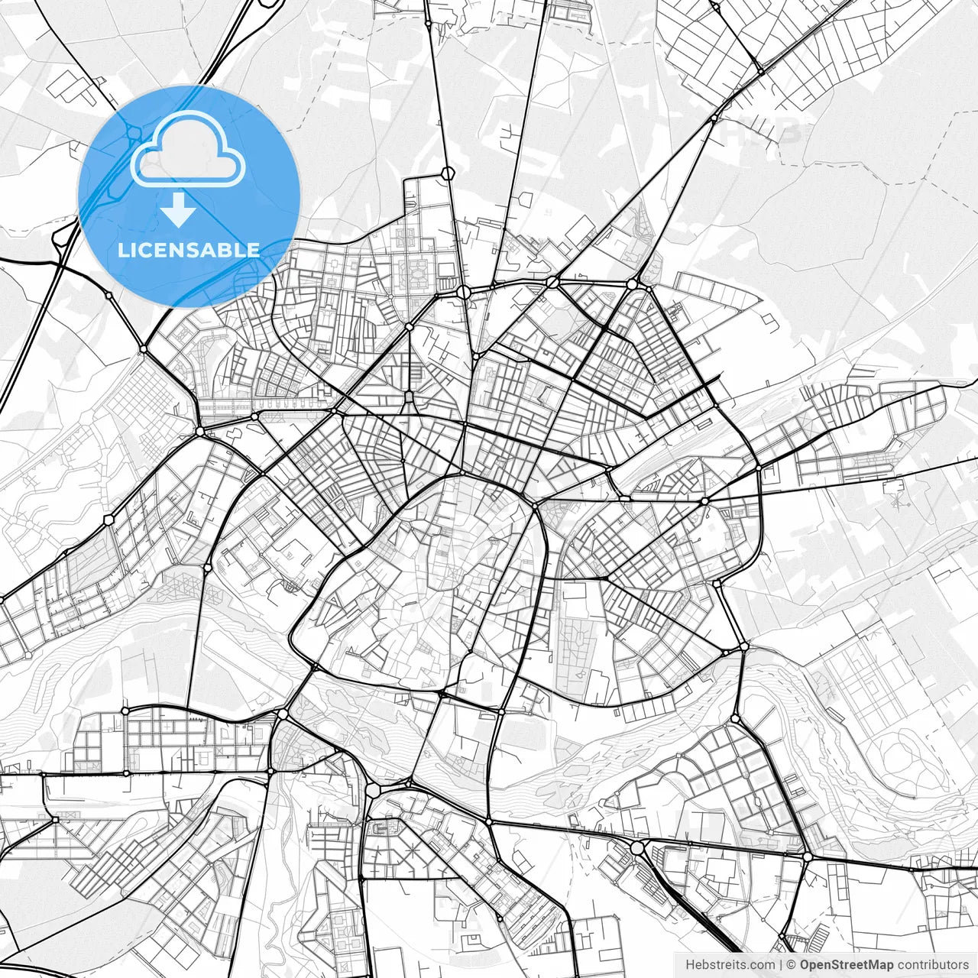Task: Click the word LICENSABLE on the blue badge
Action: tap(189, 250)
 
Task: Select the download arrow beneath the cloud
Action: tap(179, 209)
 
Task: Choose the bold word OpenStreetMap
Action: tap(847, 965)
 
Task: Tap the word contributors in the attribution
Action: tap(933, 965)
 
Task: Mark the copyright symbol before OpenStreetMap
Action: tap(792, 965)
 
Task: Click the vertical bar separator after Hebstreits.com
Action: tap(781, 965)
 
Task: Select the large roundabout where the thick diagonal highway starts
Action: tap(637, 847)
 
